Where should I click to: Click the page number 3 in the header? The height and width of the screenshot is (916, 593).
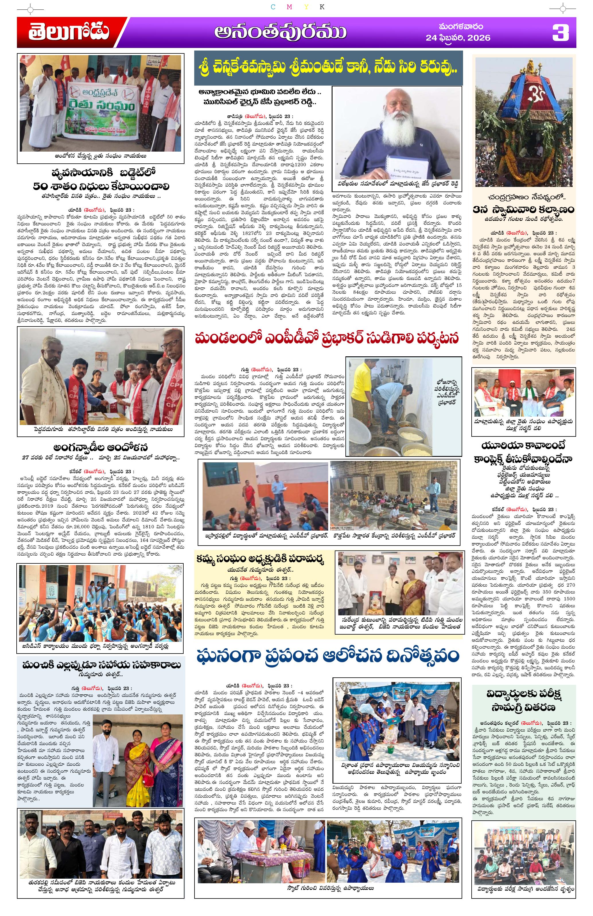tap(560, 33)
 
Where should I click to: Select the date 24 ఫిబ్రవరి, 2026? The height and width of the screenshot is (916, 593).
tap(458, 38)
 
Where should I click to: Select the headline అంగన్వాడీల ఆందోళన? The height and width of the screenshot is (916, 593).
tap(100, 448)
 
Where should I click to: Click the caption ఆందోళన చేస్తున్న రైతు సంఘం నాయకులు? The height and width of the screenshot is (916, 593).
tap(100, 156)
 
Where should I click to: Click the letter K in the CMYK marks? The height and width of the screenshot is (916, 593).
tap(322, 7)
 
